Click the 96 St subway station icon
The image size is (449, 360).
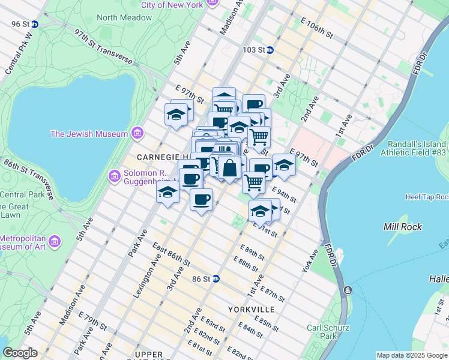35,24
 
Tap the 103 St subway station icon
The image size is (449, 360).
270,50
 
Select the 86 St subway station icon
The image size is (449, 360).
215,279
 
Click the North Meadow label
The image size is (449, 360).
124,17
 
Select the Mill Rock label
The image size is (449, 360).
402,227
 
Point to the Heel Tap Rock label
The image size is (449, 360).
427,197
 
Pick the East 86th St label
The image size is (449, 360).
171,255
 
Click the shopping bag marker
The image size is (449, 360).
229,168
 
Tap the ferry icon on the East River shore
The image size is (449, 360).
347,290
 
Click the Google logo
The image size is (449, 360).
20,353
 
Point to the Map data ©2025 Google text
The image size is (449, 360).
412,355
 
